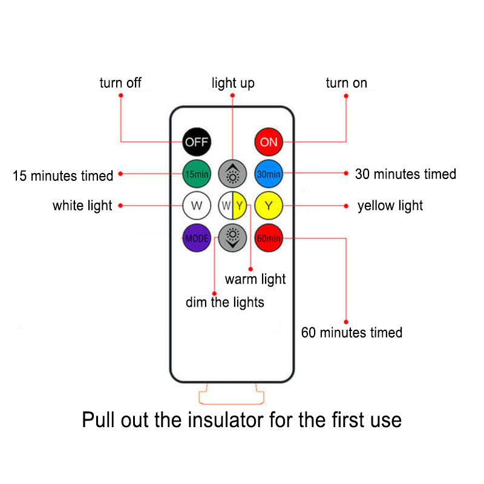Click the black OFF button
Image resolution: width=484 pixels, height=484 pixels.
tap(197, 142)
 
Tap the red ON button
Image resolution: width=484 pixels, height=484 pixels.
tap(269, 142)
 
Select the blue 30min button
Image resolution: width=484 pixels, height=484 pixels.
tap(269, 174)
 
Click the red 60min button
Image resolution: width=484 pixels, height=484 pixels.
tap(269, 238)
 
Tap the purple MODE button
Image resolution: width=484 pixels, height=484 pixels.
tap(197, 238)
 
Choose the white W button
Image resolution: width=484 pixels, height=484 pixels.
tap(197, 206)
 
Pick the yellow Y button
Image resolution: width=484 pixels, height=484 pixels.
tap(269, 206)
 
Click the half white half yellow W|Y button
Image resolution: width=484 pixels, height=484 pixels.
tap(232, 206)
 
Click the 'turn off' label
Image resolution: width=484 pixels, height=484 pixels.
tap(120, 83)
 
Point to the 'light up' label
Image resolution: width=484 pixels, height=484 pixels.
tap(233, 83)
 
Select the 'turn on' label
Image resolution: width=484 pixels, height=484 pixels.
tap(346, 83)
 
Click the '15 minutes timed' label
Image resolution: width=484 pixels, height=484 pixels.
tap(64, 176)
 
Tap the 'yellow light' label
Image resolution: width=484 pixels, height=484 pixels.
tap(390, 206)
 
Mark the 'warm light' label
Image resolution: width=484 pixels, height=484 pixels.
tap(255, 279)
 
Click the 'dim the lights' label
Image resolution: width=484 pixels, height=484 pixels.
tap(225, 302)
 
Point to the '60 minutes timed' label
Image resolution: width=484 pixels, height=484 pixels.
tap(352, 332)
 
